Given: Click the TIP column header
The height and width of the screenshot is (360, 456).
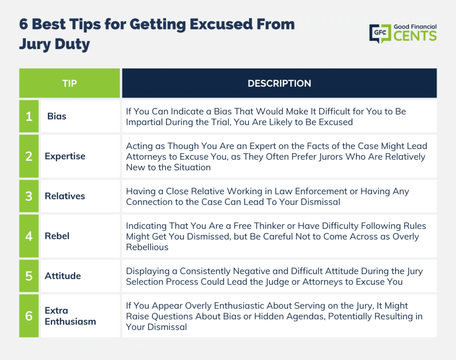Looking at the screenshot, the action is coord(69,83).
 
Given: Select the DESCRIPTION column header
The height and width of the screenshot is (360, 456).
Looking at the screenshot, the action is coord(279,83).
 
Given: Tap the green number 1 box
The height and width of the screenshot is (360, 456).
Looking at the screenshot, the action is coord(29,116).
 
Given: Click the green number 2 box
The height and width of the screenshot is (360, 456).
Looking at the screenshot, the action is coord(29,156).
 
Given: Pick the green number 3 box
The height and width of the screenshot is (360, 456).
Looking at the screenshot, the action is coord(29,196).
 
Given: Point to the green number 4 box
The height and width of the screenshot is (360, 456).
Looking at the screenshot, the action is coord(29,236).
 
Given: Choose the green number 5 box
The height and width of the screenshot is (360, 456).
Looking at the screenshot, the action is coord(29,276).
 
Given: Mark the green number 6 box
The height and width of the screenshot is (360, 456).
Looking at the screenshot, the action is coord(29,316).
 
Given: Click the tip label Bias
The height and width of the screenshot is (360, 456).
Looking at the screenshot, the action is coord(57,116).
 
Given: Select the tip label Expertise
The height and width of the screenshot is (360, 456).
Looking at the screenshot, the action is coord(65,156).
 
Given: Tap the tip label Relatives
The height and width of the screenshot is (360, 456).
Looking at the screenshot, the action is coord(65,196).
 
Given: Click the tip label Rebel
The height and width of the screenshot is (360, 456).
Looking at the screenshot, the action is coord(57,236).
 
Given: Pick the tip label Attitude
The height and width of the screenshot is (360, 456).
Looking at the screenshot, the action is coord(63,276).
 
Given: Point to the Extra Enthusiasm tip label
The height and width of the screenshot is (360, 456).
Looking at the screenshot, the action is coord(70,316).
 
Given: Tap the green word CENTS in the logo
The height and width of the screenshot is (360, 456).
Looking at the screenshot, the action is coord(415,36).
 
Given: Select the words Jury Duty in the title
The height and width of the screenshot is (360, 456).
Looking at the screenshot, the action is coord(54,44).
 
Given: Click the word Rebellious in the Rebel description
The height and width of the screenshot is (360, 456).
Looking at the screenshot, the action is coord(147,247).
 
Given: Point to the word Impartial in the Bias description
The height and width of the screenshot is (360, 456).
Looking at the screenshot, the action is coord(144,122).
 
